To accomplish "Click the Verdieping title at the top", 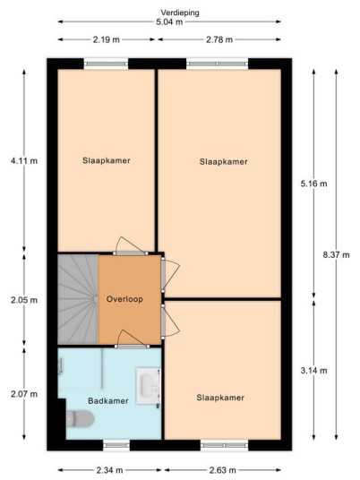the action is pyautogui.click(x=180, y=13).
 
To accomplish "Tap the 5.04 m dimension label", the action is pyautogui.click(x=169, y=21).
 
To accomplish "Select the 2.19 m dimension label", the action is pyautogui.click(x=107, y=39).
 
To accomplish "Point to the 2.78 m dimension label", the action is pyautogui.click(x=219, y=39).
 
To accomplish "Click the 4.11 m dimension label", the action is pyautogui.click(x=24, y=160).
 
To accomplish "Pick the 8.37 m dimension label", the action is pyautogui.click(x=336, y=254).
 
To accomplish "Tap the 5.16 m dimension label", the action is pyautogui.click(x=313, y=184).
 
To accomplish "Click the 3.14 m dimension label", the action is pyautogui.click(x=313, y=371).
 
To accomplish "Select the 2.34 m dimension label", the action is pyautogui.click(x=109, y=470).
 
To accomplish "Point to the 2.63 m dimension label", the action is pyautogui.click(x=223, y=470).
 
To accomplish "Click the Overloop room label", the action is pyautogui.click(x=124, y=299).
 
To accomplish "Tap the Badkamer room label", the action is pyautogui.click(x=108, y=400).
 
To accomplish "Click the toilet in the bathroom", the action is pyautogui.click(x=80, y=419).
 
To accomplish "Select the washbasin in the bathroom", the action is pyautogui.click(x=149, y=385).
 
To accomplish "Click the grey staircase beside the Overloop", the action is pyautogui.click(x=78, y=299).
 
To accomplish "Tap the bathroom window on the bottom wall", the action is pyautogui.click(x=116, y=445).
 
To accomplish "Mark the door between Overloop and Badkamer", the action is pyautogui.click(x=133, y=340).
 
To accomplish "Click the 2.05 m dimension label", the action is pyautogui.click(x=24, y=300).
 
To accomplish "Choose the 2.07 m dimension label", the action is pyautogui.click(x=24, y=394).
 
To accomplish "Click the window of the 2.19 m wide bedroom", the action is pyautogui.click(x=106, y=64).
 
